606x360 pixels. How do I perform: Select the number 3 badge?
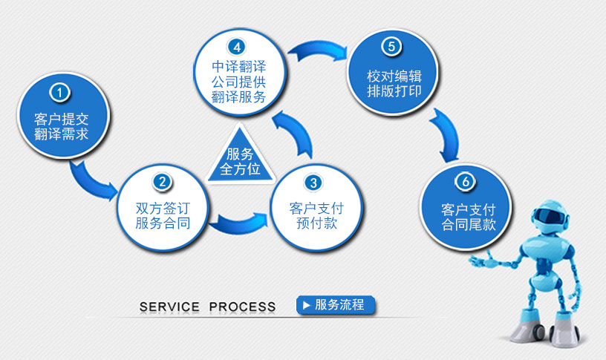coord(313,182)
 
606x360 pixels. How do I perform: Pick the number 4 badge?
coord(237,47)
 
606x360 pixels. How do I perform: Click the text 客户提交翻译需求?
coord(62,126)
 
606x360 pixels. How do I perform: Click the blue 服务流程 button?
coord(336,304)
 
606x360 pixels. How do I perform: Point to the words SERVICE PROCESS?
coord(207,307)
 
